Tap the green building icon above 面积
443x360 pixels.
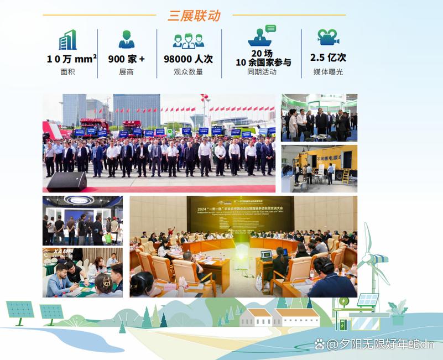click(68, 40)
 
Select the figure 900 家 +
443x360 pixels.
click(126, 59)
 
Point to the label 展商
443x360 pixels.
click(126, 72)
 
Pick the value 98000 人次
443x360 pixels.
click(188, 59)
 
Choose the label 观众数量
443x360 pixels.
click(188, 72)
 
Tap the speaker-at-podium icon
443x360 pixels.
click(262, 36)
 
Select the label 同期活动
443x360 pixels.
click(262, 72)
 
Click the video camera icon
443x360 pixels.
click(328, 37)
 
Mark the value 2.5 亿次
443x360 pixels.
click(328, 58)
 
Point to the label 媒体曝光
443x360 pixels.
click(328, 72)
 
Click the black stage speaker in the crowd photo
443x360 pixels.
click(66, 181)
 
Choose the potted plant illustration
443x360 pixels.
click(397, 311)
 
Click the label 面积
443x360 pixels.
click(68, 72)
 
